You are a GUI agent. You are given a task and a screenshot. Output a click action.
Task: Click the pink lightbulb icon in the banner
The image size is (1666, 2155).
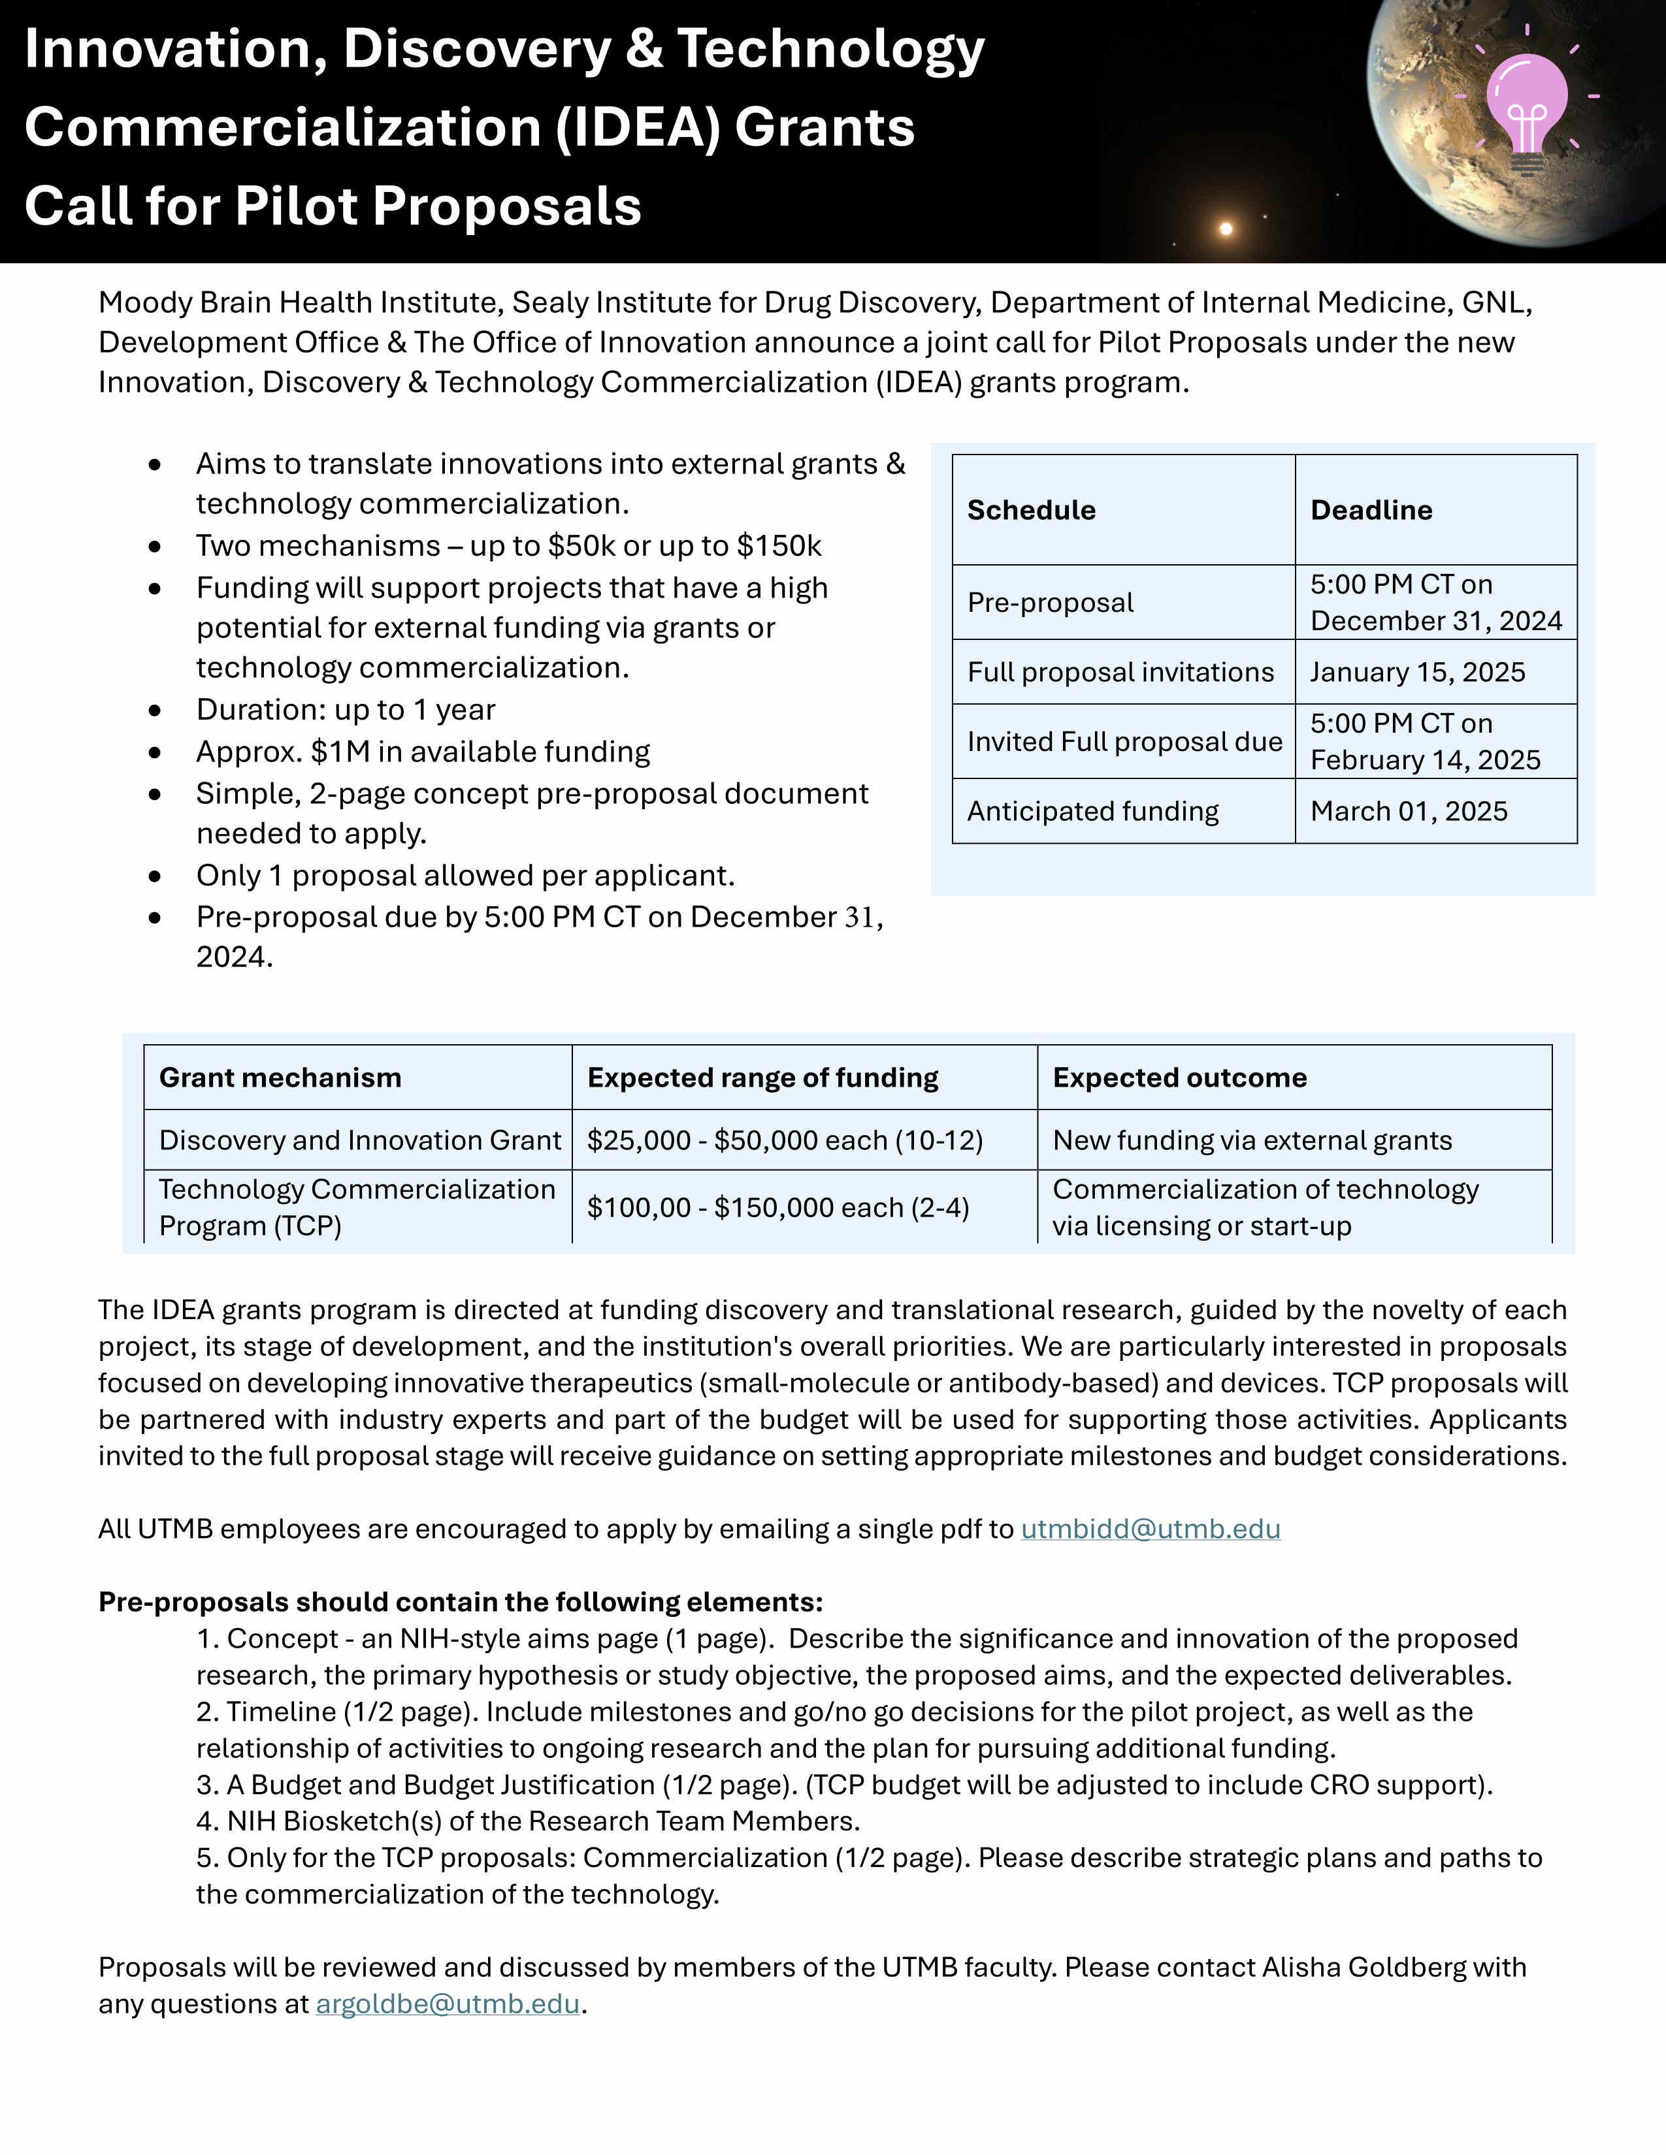tap(1526, 108)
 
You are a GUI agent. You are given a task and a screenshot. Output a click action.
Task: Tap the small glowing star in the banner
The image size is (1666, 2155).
tap(1226, 229)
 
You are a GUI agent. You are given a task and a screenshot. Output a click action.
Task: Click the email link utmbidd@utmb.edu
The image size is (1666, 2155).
tap(1150, 1529)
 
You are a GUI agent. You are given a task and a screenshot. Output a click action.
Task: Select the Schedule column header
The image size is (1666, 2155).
tap(1032, 510)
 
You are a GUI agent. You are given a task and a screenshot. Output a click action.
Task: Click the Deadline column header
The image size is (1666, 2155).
tap(1371, 510)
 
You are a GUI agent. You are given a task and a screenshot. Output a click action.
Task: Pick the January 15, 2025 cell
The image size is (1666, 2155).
tap(1417, 672)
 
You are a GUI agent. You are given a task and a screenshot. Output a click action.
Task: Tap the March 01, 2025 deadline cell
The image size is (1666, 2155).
tap(1409, 811)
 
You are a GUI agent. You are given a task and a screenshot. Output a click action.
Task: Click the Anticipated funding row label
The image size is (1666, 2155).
tap(1092, 811)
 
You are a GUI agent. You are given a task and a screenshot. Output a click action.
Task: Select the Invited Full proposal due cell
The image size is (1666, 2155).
tap(1124, 741)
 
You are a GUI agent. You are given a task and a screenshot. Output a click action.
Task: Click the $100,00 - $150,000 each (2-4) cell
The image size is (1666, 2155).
tap(777, 1207)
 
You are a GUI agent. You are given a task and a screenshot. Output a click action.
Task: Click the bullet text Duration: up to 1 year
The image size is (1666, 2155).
tap(346, 709)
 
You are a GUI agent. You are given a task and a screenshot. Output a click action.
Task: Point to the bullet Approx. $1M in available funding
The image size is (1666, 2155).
tap(423, 752)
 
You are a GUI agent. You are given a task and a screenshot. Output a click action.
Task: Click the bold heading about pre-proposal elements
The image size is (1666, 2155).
tap(460, 1601)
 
